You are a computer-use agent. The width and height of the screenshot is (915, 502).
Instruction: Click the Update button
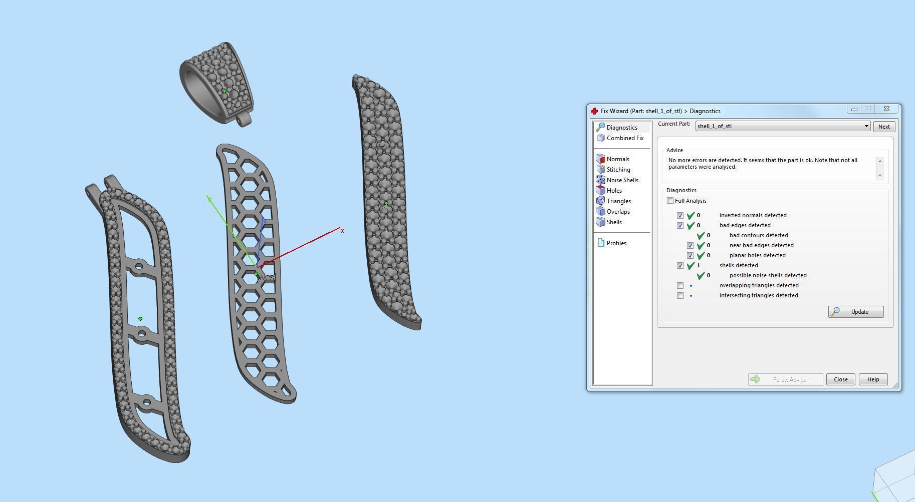click(x=855, y=312)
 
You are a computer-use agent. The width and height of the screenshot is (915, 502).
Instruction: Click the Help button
click(x=873, y=379)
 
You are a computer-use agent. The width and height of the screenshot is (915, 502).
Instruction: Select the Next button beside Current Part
click(x=883, y=127)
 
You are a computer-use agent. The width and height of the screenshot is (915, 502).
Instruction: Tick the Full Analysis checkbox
click(x=670, y=201)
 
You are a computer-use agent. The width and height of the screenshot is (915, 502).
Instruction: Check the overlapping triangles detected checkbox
click(x=680, y=285)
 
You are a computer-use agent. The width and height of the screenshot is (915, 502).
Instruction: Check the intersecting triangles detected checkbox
click(x=680, y=295)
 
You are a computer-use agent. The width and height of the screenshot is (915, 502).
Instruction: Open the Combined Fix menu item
click(x=624, y=138)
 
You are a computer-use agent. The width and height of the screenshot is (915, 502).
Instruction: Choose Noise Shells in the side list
click(x=622, y=180)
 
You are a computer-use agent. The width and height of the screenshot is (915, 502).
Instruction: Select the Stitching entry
click(x=618, y=170)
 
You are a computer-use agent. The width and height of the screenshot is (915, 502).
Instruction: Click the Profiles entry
click(x=616, y=243)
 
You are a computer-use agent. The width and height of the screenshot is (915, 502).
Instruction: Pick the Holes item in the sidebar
click(x=614, y=191)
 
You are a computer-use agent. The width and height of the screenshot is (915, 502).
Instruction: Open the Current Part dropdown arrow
click(x=866, y=126)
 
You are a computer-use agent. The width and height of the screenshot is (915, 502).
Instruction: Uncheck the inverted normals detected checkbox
click(x=680, y=215)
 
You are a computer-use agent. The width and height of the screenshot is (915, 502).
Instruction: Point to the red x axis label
click(x=342, y=231)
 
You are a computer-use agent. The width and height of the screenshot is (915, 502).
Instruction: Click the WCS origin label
click(x=267, y=277)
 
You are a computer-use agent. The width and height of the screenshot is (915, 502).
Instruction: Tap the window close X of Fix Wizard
click(x=886, y=109)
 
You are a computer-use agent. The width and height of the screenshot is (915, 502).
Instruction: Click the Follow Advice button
click(x=785, y=379)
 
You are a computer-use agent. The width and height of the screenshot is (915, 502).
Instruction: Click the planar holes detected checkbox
click(x=690, y=255)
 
